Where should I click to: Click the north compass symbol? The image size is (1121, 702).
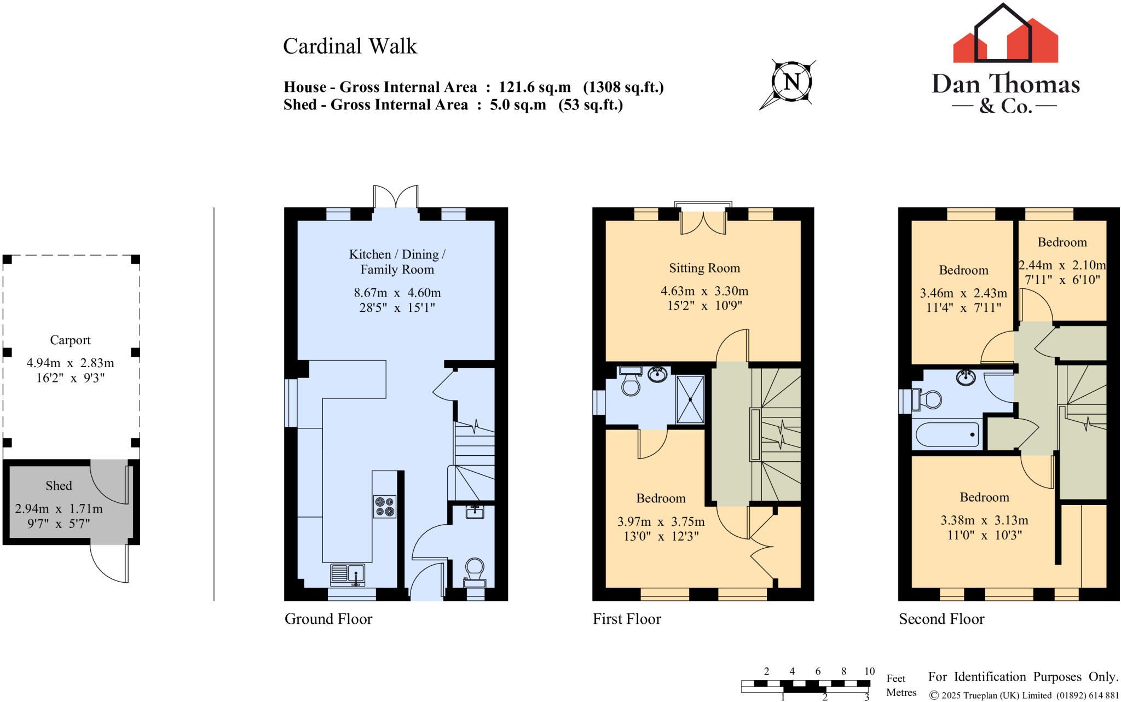point(791,83)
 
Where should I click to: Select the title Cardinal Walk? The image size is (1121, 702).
point(350,47)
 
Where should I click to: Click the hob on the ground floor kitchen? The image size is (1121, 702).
point(384,506)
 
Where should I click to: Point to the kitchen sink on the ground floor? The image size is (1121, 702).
point(348,575)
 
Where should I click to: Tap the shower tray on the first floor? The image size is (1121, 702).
point(690,399)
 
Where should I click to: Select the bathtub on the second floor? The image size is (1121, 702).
point(947,434)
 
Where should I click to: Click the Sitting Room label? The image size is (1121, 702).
point(704,268)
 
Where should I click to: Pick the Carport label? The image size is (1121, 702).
point(70,340)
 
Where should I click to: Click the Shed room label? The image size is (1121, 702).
point(59,486)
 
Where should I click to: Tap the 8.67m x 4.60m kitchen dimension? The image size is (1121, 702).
point(397,293)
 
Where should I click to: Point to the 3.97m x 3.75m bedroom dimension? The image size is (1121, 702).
point(661,521)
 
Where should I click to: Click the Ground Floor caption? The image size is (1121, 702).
point(328,619)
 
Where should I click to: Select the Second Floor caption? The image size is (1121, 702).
point(941,619)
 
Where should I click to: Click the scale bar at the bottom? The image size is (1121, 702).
point(805,684)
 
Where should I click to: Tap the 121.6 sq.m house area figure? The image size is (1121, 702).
point(534,87)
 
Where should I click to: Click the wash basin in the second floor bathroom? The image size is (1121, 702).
point(966,378)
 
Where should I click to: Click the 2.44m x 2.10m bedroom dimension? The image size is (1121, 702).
point(1062,265)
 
